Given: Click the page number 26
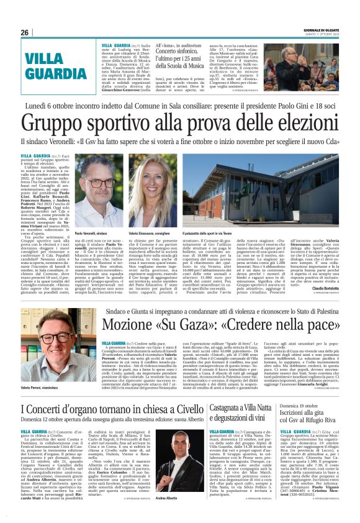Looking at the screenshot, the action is [25, 32].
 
